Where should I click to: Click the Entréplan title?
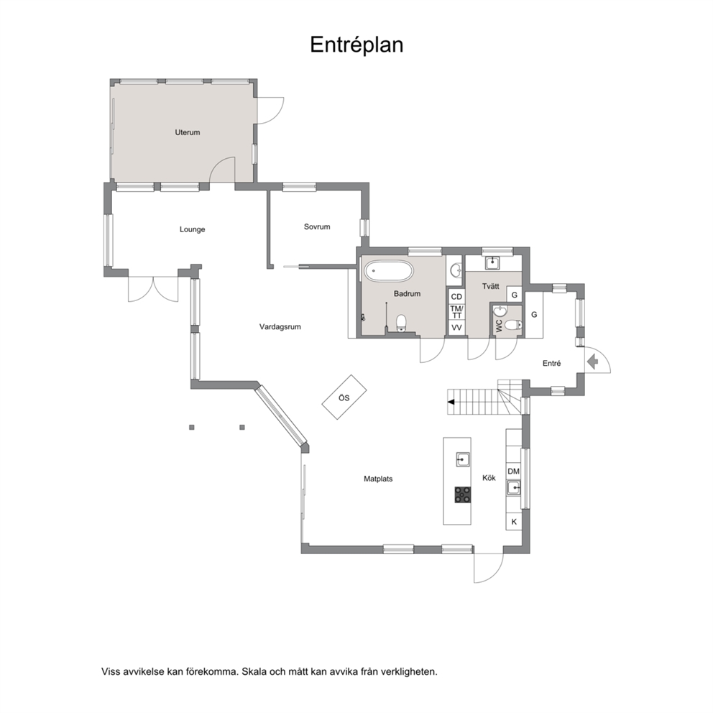pos(356,45)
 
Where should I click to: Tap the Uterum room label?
pos(188,132)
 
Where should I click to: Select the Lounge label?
pos(192,229)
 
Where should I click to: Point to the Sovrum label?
pos(317,226)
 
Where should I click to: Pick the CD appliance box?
pos(456,297)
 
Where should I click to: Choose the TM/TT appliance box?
pos(456,312)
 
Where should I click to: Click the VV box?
pos(456,328)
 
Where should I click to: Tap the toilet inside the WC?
pos(513,325)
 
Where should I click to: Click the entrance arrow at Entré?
pos(592,362)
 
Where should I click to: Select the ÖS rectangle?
pos(344,397)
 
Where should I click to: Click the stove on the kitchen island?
pos(463,494)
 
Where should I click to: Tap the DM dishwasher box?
pos(513,471)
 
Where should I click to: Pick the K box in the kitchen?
pos(514,522)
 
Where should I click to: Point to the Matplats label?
pos(378,479)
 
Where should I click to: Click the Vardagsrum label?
pos(280,326)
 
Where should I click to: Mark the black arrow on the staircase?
pos(451,402)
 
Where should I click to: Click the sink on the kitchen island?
pos(463,460)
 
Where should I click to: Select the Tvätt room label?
pos(491,286)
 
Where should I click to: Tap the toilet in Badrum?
pos(400,323)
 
